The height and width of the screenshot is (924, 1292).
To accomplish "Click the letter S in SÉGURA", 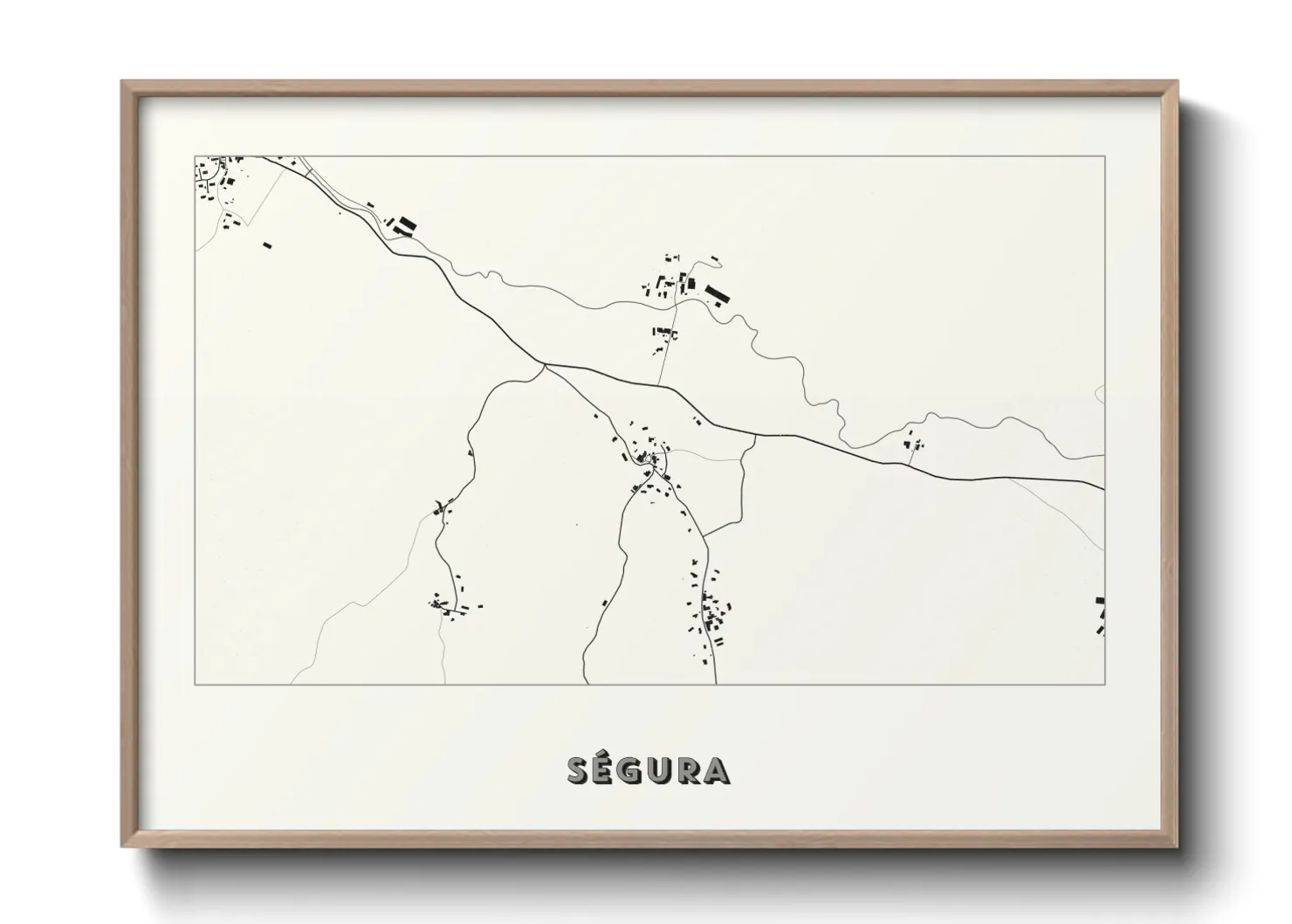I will (579, 770).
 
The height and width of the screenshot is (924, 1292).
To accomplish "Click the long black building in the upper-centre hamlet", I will (716, 293).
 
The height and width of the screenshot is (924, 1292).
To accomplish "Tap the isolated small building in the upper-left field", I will (268, 245).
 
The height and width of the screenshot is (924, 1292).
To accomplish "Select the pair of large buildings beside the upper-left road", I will (403, 225).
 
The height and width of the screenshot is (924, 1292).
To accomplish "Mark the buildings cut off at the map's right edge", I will (1101, 615).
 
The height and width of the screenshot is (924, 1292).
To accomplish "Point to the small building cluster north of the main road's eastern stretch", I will (913, 443).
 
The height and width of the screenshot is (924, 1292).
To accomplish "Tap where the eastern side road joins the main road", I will (755, 434).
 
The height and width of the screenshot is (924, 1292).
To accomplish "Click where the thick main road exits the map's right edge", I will (1103, 487).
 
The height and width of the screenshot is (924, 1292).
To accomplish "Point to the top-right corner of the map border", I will (1104, 156).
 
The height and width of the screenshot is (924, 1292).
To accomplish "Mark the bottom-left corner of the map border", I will (195, 684).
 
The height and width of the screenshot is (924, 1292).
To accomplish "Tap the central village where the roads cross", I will (650, 459).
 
